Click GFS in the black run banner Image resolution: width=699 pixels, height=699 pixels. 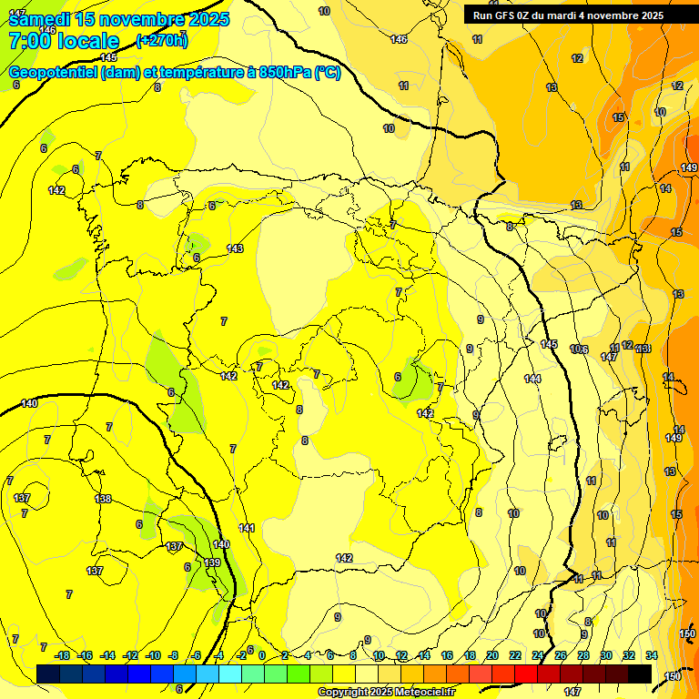tap(509, 15)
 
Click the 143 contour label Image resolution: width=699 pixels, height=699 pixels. tap(235, 248)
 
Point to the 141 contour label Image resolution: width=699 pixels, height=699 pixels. tap(247, 528)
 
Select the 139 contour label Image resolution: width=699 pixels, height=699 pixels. tap(212, 562)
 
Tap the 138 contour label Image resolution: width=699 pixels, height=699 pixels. tap(103, 499)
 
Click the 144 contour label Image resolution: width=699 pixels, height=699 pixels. tap(532, 379)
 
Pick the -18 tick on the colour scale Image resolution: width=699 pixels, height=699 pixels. tap(62, 655)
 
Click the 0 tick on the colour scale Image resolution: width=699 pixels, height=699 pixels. tap(262, 655)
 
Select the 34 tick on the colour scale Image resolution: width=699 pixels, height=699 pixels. tap(652, 655)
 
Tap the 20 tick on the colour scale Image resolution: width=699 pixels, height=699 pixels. tap(492, 655)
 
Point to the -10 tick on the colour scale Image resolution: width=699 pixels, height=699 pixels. tap(153, 655)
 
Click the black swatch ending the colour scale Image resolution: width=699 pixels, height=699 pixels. tap(640, 674)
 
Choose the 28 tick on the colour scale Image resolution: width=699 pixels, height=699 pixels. tap(583, 655)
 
